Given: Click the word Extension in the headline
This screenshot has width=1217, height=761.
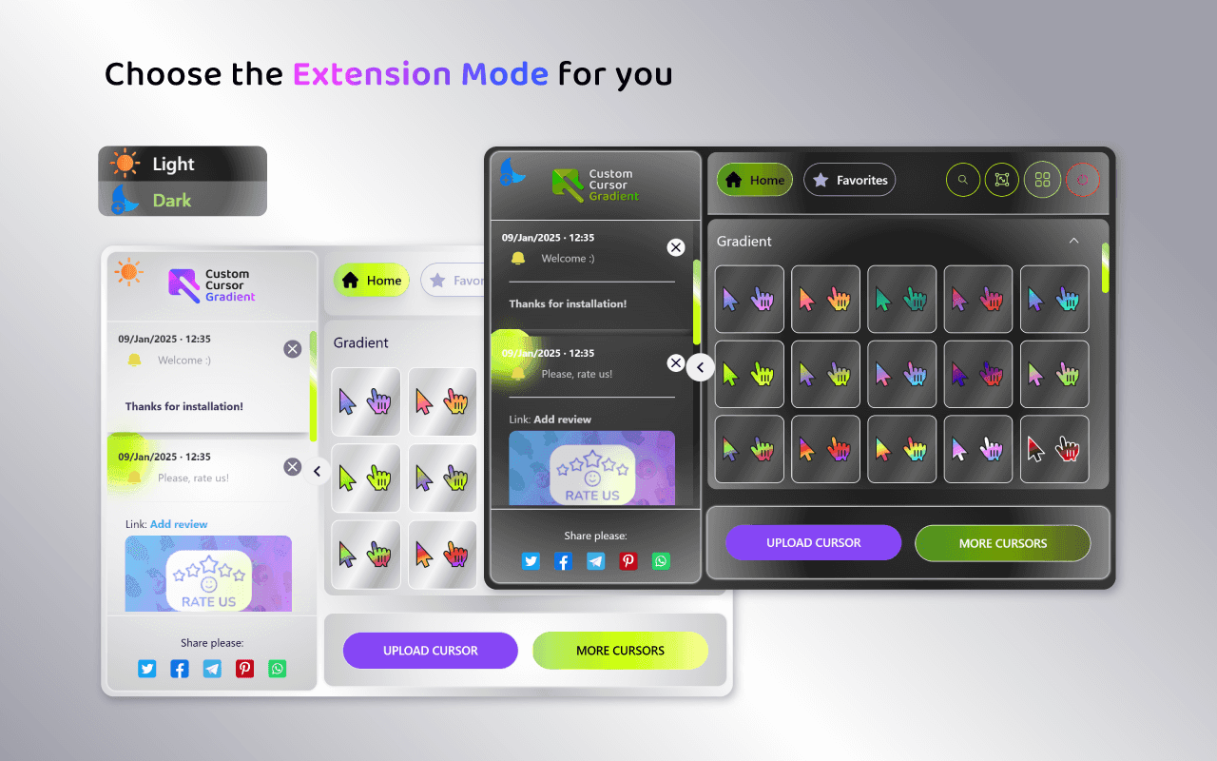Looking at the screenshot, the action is [x=372, y=74].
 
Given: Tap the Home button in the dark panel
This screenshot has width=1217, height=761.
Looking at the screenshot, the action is [x=755, y=180].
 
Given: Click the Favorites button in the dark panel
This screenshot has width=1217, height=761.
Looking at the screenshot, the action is [x=849, y=180].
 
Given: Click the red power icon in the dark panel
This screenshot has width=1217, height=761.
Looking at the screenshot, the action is [x=1083, y=180].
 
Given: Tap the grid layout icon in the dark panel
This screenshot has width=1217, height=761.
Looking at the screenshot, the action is [x=1042, y=180].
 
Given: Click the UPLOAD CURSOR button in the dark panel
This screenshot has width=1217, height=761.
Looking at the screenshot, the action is [x=813, y=542].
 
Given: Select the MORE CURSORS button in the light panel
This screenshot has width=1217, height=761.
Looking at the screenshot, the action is [x=620, y=650].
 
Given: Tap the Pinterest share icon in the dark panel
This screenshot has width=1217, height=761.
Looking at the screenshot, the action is [x=628, y=561].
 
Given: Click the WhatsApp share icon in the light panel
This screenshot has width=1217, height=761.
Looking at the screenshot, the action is [x=277, y=669].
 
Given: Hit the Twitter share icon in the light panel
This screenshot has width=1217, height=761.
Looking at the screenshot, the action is [x=146, y=669].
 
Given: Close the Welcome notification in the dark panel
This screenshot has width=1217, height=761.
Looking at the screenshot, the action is [x=675, y=247].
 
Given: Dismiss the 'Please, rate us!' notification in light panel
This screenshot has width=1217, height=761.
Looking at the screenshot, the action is [x=292, y=466].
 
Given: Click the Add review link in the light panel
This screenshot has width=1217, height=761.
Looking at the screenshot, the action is [x=179, y=524].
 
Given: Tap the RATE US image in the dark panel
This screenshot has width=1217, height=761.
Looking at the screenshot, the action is [x=591, y=468].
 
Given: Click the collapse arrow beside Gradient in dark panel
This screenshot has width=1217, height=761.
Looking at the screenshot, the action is [x=1073, y=241].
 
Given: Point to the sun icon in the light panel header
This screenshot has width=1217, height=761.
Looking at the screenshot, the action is [x=128, y=271].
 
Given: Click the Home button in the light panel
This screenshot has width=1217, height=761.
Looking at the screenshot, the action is [x=372, y=281].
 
